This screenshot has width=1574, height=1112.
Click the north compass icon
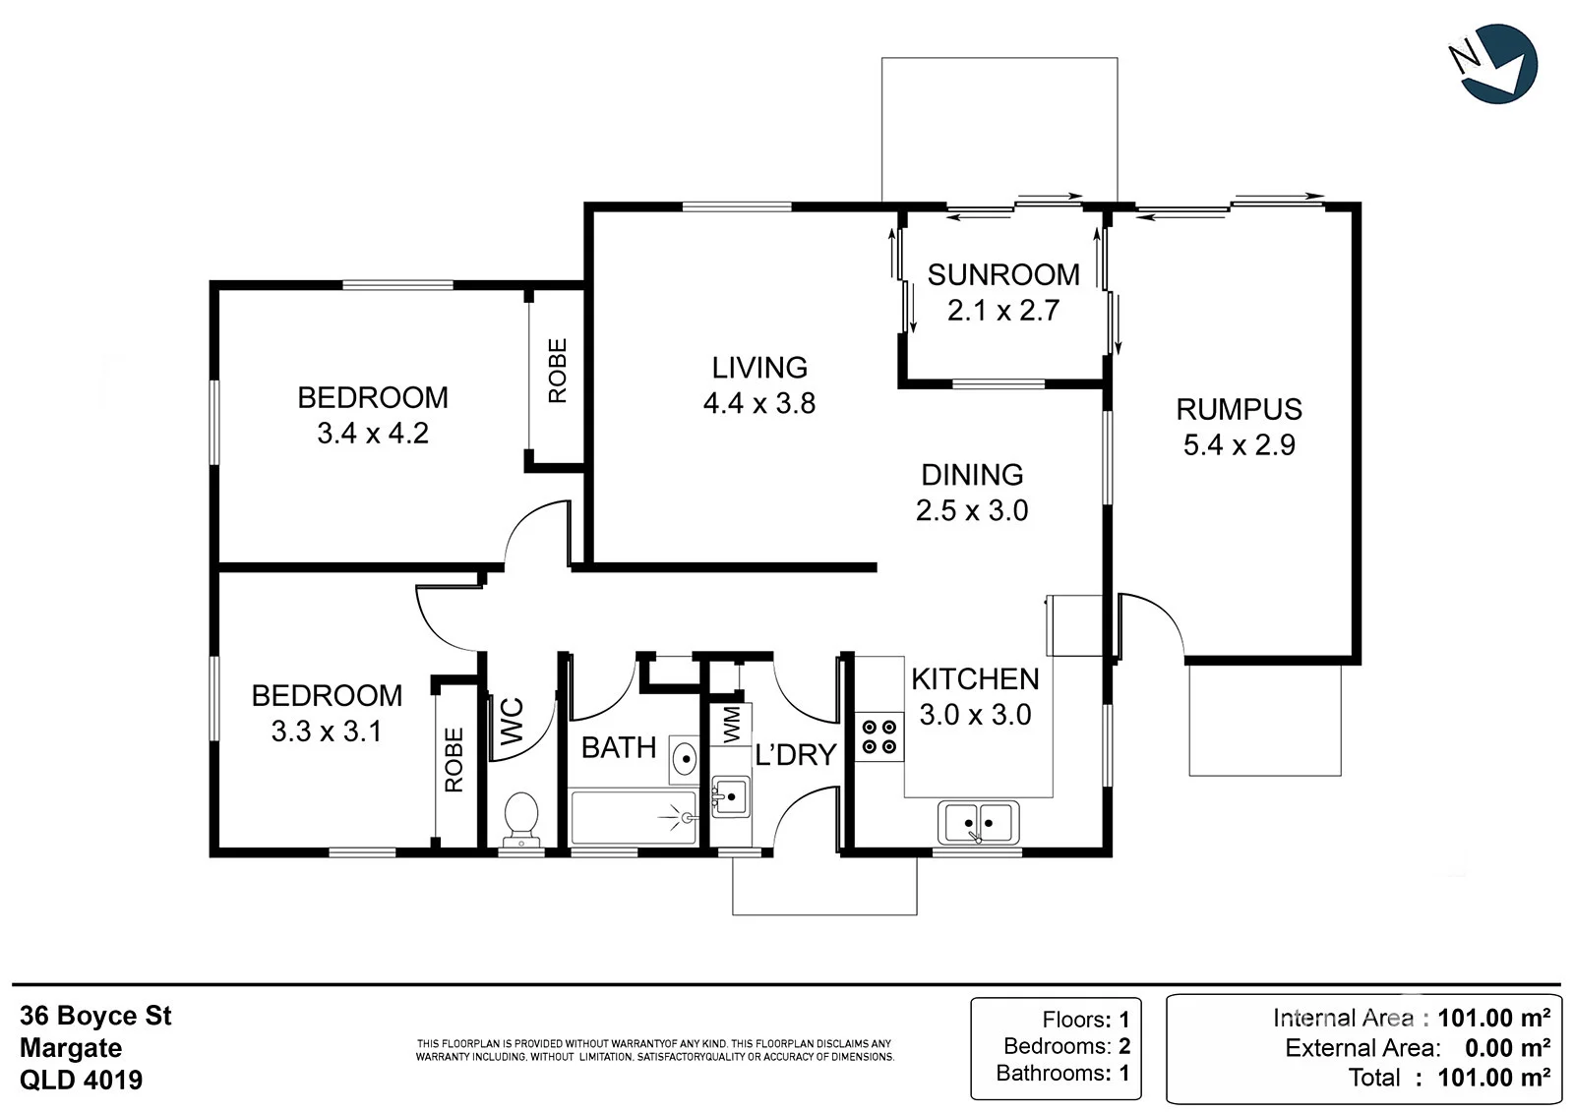coord(1494,64)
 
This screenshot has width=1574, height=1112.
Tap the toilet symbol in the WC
coord(521,820)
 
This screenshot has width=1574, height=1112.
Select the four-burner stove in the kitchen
coord(879,736)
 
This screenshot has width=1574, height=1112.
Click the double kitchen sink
coord(978,822)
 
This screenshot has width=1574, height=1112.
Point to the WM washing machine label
coord(732,725)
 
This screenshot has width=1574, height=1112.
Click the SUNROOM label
coord(1003,274)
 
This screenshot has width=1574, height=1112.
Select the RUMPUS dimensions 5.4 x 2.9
coord(1239,444)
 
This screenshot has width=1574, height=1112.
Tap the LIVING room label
coord(759,368)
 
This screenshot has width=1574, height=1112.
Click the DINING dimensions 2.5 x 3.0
coord(972,510)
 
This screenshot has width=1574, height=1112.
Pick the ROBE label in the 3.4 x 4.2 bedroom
coord(557,371)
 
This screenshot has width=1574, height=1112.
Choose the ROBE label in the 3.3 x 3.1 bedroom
coord(454,759)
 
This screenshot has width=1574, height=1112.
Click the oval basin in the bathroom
coord(685,759)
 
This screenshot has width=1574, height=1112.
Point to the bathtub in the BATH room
coord(634,818)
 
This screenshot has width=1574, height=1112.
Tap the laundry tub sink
coord(731,796)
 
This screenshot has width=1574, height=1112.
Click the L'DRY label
coord(796,754)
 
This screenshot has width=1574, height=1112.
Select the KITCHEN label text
coord(975,678)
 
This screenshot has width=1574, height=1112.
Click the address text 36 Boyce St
coord(95,1016)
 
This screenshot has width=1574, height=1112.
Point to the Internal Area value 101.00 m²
coord(1494,1018)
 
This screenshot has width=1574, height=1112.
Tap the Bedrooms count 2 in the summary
coord(1124,1046)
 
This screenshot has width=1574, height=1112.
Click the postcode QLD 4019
coord(81,1080)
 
